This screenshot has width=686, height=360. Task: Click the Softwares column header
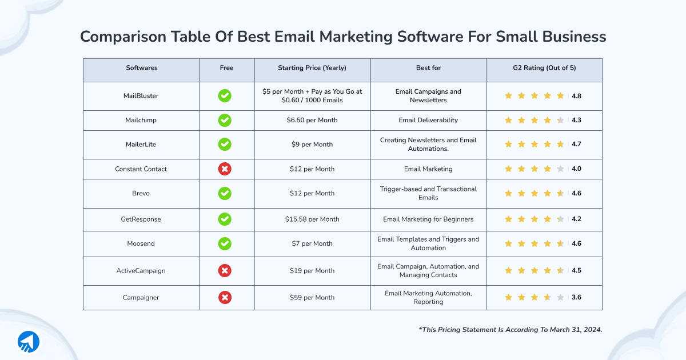(141, 68)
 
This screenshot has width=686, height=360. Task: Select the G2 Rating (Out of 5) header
(544, 68)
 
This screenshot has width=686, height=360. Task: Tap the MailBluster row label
(141, 96)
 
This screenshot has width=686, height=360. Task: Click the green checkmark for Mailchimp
(225, 121)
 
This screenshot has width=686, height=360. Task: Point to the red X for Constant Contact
(225, 169)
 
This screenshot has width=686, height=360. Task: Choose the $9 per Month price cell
(312, 145)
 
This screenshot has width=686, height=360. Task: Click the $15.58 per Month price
(312, 219)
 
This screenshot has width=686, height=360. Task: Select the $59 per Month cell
(312, 298)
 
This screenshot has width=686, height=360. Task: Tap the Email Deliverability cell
(428, 121)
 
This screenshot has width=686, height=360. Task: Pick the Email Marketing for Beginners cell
(428, 219)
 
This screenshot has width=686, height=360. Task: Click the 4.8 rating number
(576, 96)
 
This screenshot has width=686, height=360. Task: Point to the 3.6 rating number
(576, 298)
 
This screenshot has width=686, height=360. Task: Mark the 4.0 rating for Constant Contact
(576, 169)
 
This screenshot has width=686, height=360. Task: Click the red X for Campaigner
(225, 298)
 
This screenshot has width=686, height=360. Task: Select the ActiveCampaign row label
(141, 271)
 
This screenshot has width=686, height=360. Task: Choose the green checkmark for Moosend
(225, 243)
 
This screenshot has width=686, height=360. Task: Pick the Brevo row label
(141, 193)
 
